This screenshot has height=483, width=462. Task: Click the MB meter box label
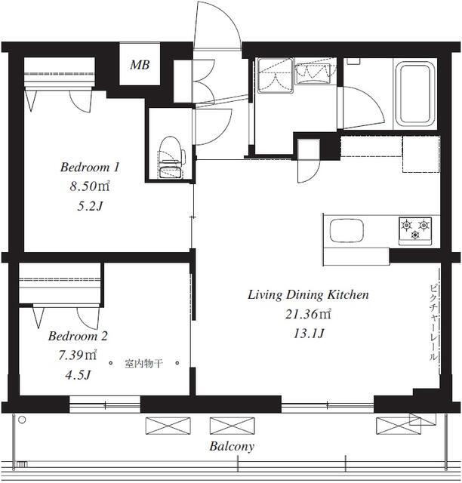(x=140, y=65)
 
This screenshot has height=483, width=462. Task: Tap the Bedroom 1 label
(x=90, y=167)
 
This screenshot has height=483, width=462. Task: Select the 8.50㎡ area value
(x=90, y=186)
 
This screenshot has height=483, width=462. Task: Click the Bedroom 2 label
(x=78, y=336)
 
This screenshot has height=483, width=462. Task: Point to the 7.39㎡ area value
(x=78, y=355)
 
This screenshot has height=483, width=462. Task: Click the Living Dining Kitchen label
(x=308, y=295)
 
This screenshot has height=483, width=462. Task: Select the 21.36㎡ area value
(x=308, y=314)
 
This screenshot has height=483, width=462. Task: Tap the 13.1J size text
(x=309, y=334)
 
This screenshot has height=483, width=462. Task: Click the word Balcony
(x=232, y=446)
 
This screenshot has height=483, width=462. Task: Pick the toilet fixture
(x=171, y=157)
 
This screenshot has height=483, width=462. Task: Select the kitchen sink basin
(x=346, y=230)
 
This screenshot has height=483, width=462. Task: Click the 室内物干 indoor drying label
(x=143, y=364)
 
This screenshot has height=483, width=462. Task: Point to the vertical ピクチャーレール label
(x=433, y=322)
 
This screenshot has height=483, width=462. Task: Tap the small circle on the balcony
(x=22, y=420)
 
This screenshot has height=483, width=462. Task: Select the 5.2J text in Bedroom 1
(x=90, y=206)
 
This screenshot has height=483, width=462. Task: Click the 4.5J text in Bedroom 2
(x=78, y=375)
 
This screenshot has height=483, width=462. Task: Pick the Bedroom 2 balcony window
(x=105, y=405)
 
